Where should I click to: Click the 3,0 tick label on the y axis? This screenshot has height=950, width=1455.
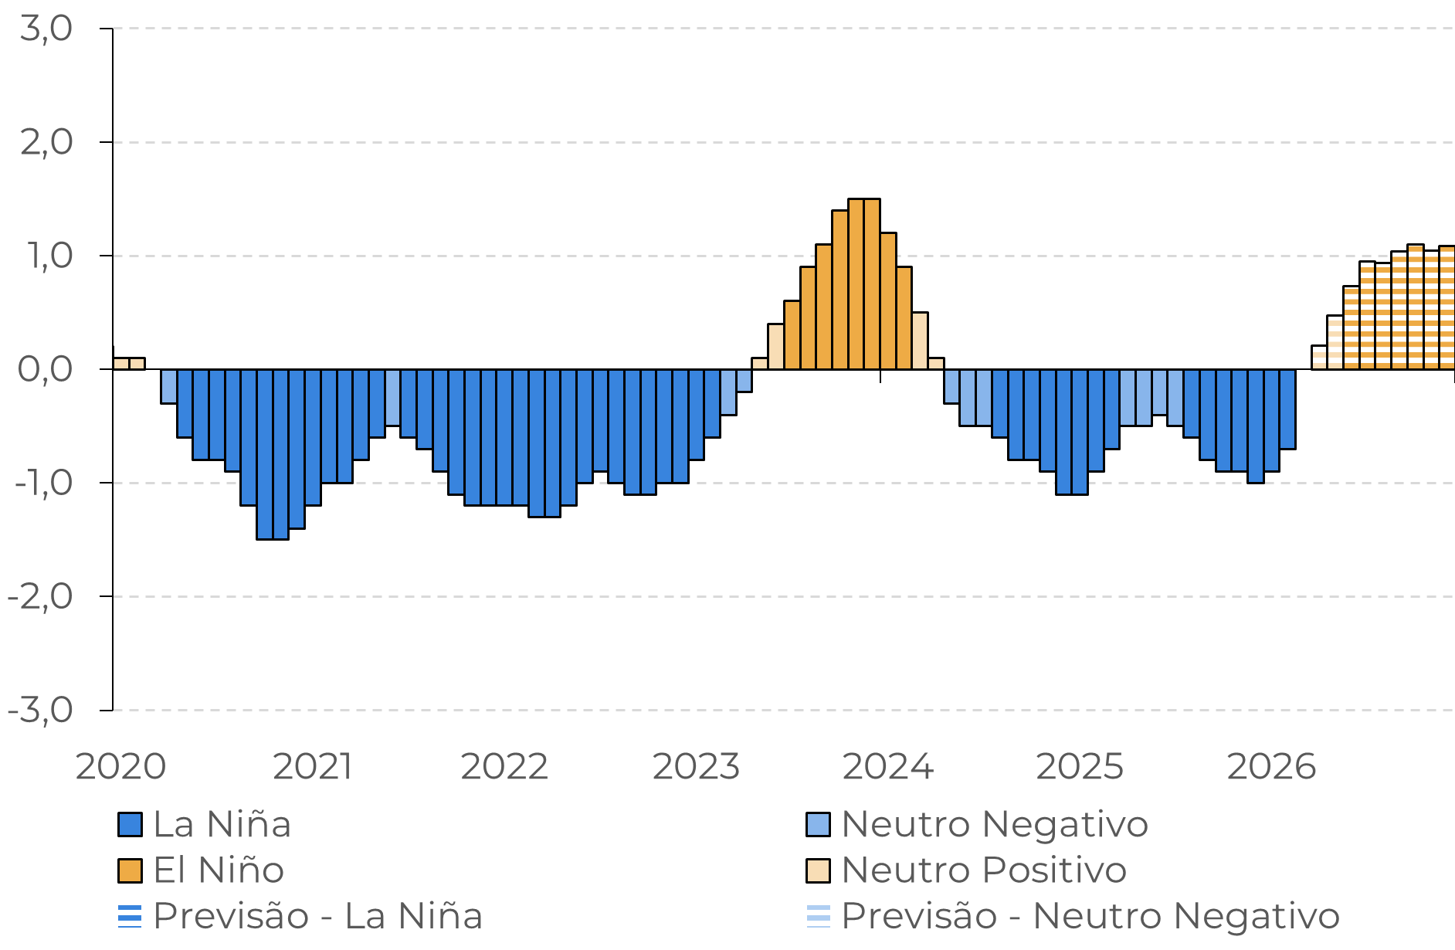tap(46, 29)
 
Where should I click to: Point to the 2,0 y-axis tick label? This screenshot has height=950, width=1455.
tap(46, 143)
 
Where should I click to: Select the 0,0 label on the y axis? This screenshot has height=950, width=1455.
tap(45, 370)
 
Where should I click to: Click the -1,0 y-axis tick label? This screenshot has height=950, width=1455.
tap(43, 483)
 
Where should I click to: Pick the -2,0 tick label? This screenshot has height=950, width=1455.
tap(40, 597)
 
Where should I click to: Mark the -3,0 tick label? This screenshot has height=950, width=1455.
tap(40, 711)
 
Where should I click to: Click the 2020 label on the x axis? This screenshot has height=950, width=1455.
tap(120, 767)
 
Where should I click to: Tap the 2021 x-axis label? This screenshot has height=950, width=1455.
tap(313, 767)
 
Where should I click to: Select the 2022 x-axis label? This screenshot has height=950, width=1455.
tap(504, 767)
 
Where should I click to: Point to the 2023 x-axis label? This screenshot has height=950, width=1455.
tap(696, 767)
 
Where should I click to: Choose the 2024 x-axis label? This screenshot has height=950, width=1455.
tap(887, 767)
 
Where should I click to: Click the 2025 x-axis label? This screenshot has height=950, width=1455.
tap(1079, 767)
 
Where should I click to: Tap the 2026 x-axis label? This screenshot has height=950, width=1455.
tap(1271, 767)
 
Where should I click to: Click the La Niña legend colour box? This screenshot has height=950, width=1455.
tap(130, 825)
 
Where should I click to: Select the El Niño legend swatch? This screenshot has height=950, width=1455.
tap(130, 870)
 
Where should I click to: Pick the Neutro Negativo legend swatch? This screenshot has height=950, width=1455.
tap(818, 825)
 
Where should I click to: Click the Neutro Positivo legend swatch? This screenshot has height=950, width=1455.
tap(818, 870)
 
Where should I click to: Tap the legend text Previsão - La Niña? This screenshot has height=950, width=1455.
tap(317, 917)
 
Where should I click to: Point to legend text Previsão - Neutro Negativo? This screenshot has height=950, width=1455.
tap(1090, 917)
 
